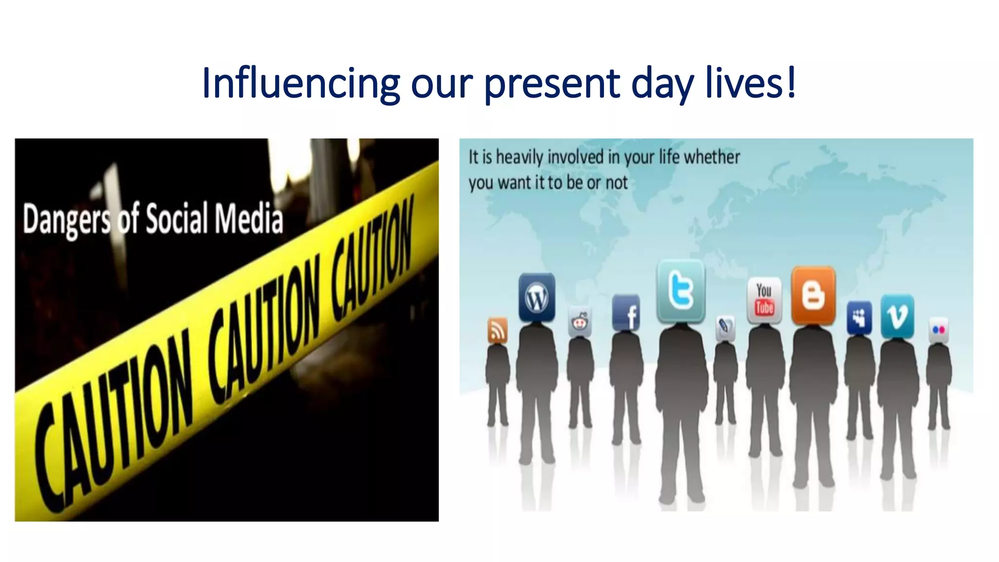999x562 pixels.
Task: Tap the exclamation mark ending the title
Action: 791,82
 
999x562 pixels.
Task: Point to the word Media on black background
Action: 249,219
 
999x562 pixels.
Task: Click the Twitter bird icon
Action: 681,291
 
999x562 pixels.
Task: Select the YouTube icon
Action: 764,300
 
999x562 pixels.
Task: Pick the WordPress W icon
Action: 537,297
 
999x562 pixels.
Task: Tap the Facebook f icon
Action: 626,313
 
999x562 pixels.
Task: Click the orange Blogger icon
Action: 813,296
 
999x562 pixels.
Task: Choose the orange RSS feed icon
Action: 497,331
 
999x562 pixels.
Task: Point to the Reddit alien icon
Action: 579,322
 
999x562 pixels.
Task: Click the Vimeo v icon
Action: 898,316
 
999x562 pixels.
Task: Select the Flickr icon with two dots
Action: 939,330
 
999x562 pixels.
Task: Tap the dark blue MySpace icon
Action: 859,318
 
